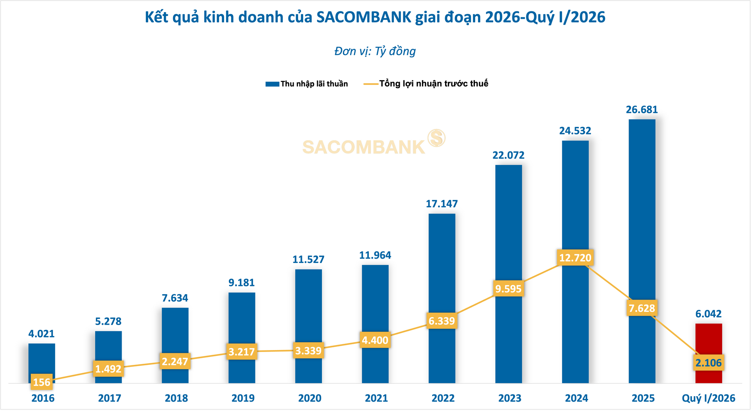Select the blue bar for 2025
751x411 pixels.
[642, 251]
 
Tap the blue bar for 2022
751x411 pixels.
[442, 298]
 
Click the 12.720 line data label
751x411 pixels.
[575, 258]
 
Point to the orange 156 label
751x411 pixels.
[42, 382]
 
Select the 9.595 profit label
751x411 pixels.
[508, 289]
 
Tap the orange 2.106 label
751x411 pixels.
[708, 363]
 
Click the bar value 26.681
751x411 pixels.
[642, 110]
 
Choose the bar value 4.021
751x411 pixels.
[41, 334]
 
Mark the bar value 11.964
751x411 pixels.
[375, 256]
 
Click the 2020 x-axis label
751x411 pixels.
[310, 398]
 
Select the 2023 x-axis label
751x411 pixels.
[510, 398]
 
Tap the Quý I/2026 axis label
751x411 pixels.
[708, 398]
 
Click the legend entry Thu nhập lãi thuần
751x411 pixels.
[307, 84]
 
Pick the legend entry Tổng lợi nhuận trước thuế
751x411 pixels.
[426, 84]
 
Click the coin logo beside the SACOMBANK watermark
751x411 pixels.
[436, 138]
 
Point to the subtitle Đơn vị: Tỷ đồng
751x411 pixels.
[375, 51]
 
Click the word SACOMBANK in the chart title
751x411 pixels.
[364, 17]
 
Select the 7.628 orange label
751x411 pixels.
[642, 308]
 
